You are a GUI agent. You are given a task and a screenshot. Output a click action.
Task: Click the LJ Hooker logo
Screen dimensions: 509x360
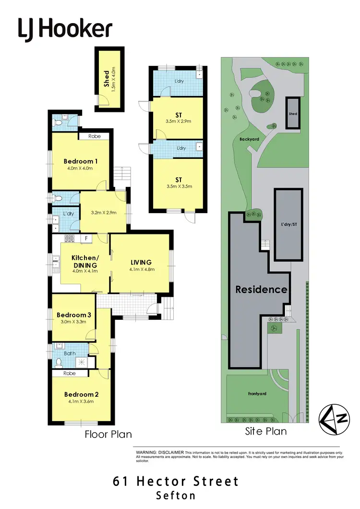(65, 29)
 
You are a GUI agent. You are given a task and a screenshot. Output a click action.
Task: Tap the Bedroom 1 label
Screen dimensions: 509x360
(81, 161)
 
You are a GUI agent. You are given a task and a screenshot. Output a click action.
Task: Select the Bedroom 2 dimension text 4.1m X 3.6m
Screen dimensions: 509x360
(82, 403)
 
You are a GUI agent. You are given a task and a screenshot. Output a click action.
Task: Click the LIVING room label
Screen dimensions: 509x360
(141, 262)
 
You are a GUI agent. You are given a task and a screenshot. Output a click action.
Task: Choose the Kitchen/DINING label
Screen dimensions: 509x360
(84, 261)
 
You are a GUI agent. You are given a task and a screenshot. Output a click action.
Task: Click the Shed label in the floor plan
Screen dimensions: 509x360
(107, 78)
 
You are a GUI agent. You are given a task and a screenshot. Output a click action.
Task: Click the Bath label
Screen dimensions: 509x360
(71, 353)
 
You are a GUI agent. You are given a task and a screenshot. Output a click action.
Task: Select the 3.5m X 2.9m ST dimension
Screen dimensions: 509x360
(178, 121)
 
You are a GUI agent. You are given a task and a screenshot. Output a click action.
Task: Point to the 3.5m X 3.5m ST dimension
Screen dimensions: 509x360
(178, 186)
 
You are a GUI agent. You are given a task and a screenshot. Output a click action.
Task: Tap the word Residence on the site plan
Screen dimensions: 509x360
(261, 290)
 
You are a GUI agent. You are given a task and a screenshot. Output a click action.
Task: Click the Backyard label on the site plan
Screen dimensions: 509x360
(249, 139)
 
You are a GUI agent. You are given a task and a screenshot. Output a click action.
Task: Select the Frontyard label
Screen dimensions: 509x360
(257, 394)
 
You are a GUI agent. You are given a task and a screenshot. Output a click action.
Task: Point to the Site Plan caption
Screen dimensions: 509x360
(265, 431)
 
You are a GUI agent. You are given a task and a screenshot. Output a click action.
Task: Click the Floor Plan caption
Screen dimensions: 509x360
(108, 434)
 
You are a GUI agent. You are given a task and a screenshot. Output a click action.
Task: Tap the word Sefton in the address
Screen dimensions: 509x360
(176, 495)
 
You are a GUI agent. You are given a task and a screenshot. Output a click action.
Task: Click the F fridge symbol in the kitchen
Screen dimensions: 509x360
(86, 238)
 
